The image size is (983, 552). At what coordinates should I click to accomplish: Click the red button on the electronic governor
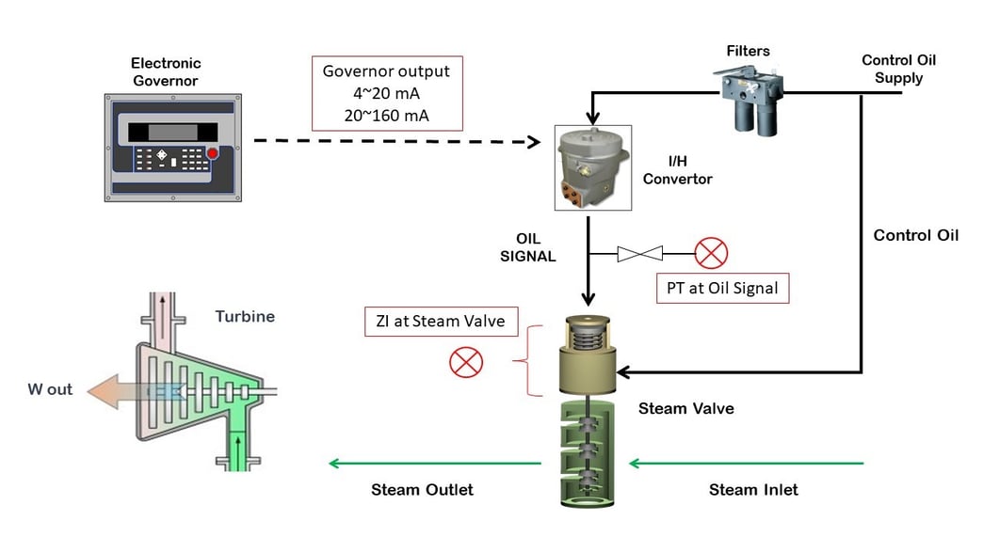212,153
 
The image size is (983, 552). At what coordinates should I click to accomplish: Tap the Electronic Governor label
166,71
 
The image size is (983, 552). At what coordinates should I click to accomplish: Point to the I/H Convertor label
677,170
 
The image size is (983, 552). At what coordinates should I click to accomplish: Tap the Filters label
749,49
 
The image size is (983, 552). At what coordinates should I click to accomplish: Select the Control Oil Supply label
898,69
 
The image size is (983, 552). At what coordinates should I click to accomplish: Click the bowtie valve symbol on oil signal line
639,252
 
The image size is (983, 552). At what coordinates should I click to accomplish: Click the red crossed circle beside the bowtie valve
711,252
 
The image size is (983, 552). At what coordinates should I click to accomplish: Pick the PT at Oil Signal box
721,288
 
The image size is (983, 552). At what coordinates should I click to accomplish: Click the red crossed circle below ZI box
465,362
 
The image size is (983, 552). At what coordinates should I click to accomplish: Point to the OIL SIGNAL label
530,246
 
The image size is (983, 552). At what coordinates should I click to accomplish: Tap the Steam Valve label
685,408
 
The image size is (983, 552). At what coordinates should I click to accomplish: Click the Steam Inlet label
753,489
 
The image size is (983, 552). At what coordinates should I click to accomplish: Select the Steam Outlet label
422,489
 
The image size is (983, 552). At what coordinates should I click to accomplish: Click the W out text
50,389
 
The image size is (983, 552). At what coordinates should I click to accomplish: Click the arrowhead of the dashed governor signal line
532,142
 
